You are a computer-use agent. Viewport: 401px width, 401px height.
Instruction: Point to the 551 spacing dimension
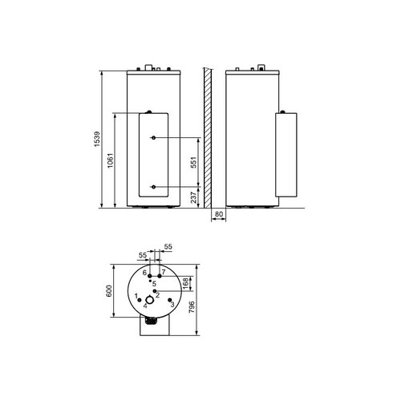point(192,163)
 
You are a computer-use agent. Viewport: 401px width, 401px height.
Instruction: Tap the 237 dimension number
point(192,198)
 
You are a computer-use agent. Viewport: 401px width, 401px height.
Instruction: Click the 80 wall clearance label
point(220,214)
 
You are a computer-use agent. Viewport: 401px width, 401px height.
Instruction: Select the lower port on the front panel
point(153,188)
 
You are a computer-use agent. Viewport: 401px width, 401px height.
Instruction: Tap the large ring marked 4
point(148,297)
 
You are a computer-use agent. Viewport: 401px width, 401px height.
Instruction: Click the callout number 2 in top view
point(158,295)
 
